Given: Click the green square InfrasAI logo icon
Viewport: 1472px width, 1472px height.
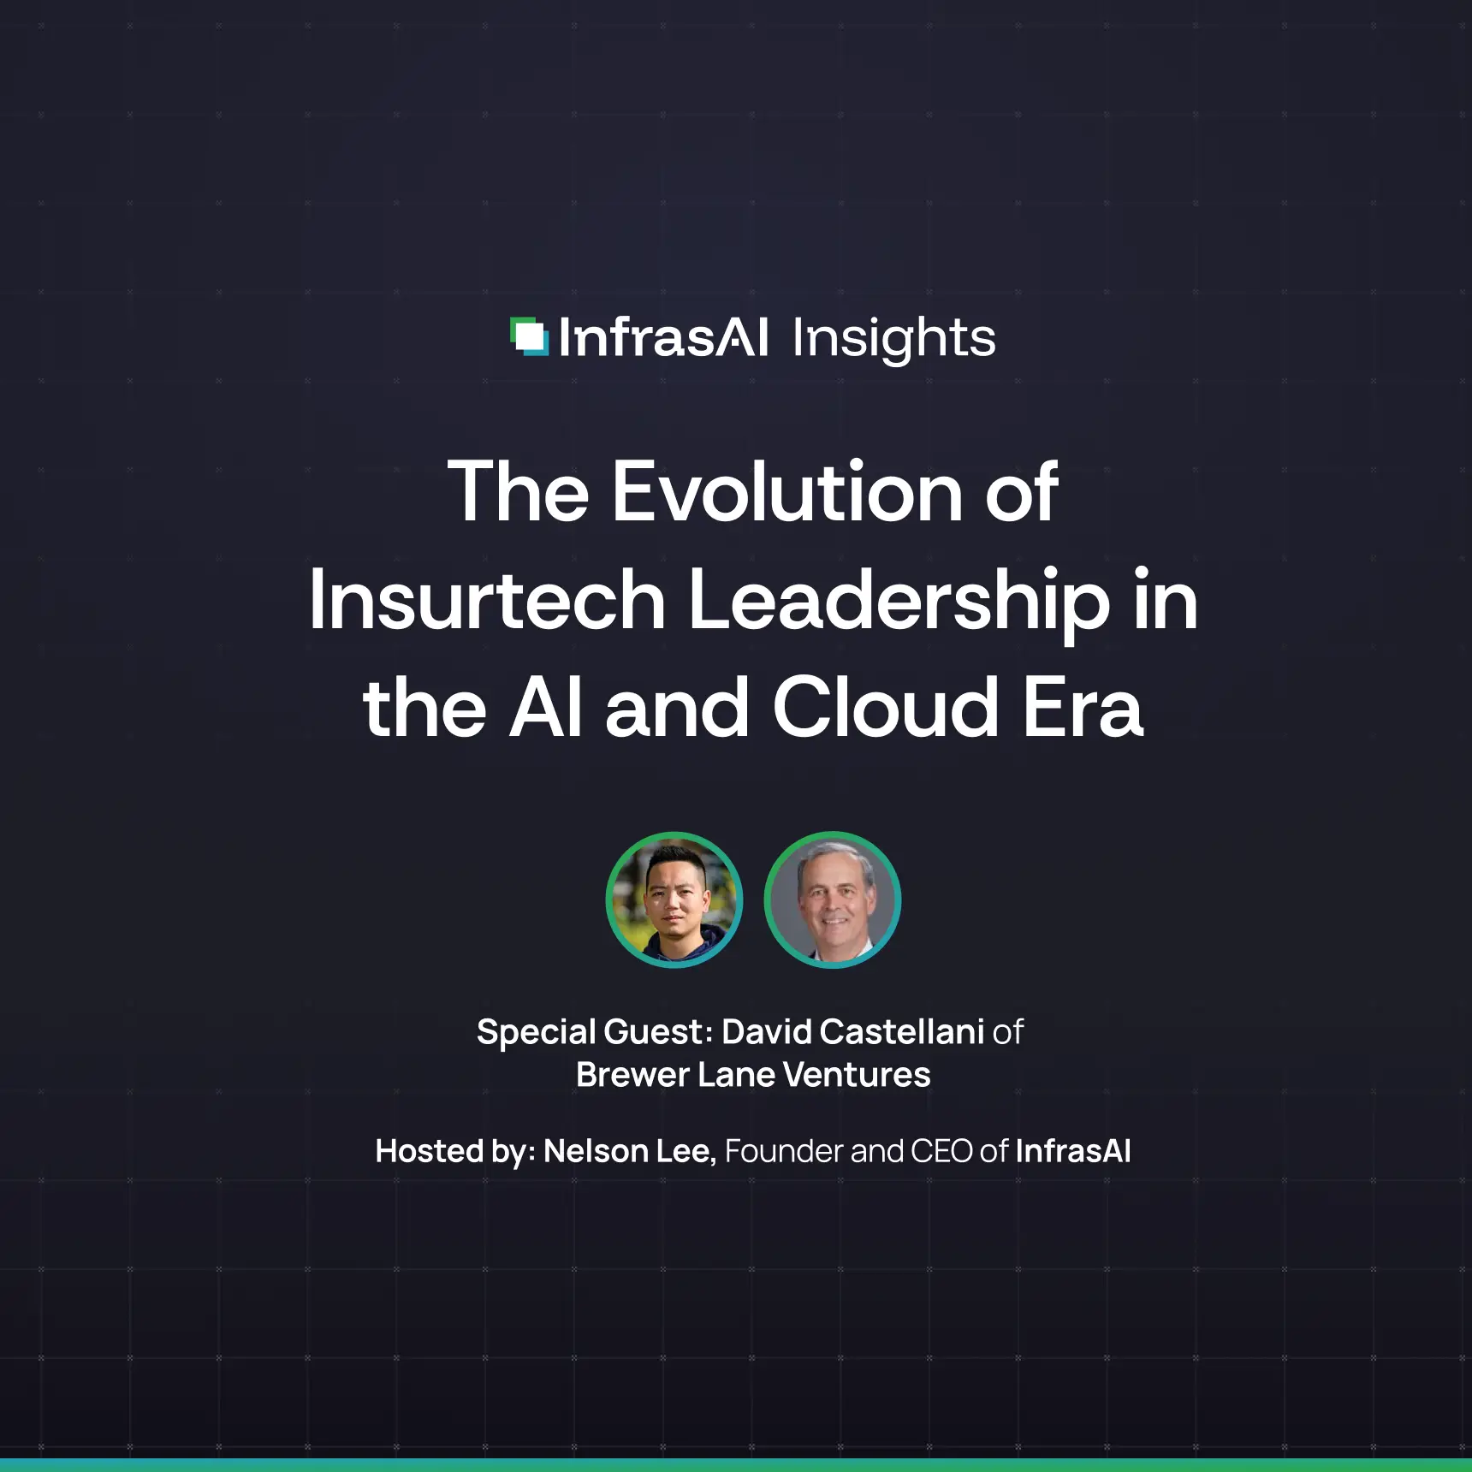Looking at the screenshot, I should click(x=529, y=336).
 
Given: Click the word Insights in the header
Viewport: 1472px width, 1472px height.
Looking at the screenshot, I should click(x=893, y=338).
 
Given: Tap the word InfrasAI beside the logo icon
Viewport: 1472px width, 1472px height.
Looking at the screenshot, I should click(x=663, y=338).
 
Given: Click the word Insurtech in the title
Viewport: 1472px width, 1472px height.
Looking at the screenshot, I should click(x=487, y=601).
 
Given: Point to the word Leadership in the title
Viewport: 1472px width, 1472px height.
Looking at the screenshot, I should click(x=899, y=601).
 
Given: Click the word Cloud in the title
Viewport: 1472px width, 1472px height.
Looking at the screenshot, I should click(x=886, y=709).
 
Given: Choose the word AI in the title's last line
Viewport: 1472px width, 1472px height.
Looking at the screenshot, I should click(x=546, y=709).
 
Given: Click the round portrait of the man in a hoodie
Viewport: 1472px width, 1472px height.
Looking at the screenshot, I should click(x=674, y=899).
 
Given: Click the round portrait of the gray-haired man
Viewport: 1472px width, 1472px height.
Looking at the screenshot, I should click(x=832, y=899).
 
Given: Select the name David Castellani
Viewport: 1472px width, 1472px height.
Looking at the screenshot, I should click(x=852, y=1032).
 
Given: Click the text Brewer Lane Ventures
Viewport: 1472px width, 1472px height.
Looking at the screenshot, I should click(x=753, y=1075).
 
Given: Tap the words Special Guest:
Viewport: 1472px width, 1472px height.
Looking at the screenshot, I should click(x=595, y=1032).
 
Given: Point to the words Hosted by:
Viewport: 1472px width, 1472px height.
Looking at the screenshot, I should click(x=455, y=1152).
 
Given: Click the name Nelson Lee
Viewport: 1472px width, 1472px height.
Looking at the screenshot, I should click(x=629, y=1152).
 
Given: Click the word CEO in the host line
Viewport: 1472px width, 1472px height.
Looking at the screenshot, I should click(x=941, y=1152).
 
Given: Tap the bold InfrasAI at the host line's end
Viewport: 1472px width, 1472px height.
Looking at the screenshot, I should click(x=1073, y=1152).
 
